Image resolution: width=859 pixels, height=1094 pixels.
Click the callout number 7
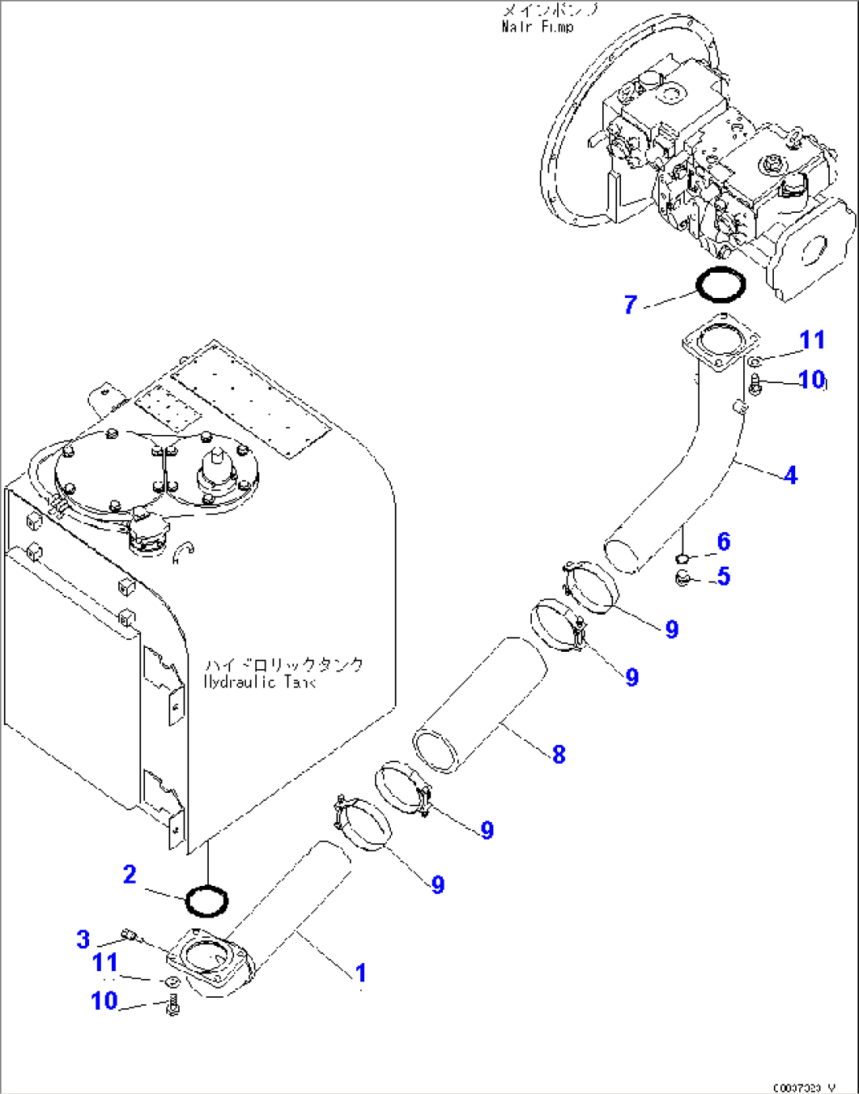tap(630, 305)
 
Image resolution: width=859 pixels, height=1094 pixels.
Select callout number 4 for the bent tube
tap(790, 475)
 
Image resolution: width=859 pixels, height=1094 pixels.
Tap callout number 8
tap(559, 754)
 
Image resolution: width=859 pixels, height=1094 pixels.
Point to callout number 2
tap(130, 874)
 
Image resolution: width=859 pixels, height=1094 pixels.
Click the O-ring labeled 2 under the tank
tap(207, 901)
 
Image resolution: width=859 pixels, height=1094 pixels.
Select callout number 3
tap(84, 939)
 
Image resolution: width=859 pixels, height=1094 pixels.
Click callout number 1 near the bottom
tap(360, 973)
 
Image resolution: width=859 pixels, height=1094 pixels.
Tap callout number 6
tap(723, 541)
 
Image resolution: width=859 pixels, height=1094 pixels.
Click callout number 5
tap(723, 576)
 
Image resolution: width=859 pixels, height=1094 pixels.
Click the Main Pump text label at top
tap(538, 26)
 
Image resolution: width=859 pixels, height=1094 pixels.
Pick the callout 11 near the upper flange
tap(812, 340)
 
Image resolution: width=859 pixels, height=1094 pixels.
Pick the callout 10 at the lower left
tap(104, 1000)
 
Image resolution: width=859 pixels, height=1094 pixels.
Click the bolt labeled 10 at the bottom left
tap(174, 1006)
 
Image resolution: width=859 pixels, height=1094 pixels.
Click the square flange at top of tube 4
tap(720, 344)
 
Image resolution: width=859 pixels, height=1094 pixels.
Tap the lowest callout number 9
tap(438, 884)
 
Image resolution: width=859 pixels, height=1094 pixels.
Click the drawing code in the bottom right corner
tap(803, 1087)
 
